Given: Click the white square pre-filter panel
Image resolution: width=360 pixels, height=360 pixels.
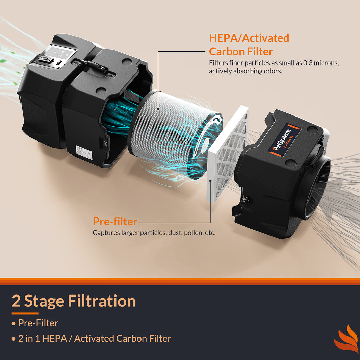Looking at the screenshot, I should (227, 154).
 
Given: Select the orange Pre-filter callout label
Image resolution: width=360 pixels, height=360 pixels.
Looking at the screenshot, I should (115, 222).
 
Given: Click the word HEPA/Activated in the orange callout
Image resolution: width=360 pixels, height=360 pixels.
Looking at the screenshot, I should (249, 38).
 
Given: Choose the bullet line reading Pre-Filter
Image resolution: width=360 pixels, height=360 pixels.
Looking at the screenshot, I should (38, 323).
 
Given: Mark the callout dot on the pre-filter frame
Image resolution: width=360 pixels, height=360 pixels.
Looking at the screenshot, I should (210, 181).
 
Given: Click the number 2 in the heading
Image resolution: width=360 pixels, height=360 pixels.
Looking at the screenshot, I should (16, 301).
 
